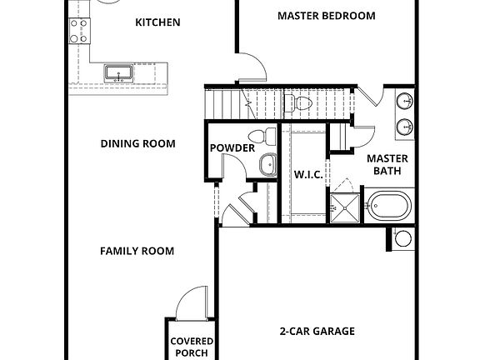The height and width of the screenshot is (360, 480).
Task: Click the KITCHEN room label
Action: point(157,22)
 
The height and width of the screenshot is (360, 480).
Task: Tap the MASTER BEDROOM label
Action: point(326,16)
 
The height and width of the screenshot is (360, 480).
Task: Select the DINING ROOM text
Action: point(137,143)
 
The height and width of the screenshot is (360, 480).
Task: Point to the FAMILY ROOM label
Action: point(137,251)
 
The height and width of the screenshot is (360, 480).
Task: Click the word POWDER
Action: point(232,148)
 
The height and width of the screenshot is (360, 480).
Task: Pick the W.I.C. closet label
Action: point(302,175)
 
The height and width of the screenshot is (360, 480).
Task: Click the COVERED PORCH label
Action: point(192,347)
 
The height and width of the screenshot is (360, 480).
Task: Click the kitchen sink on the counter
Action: point(119,74)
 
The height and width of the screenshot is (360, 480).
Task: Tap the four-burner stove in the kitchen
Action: point(79,31)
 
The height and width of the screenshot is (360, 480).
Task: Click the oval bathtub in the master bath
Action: point(390,205)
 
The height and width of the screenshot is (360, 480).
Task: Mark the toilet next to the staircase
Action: point(296,103)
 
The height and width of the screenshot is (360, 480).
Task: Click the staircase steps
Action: point(224,103)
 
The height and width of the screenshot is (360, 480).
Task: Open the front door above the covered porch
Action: point(192,302)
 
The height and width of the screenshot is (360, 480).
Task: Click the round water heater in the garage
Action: point(403,238)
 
